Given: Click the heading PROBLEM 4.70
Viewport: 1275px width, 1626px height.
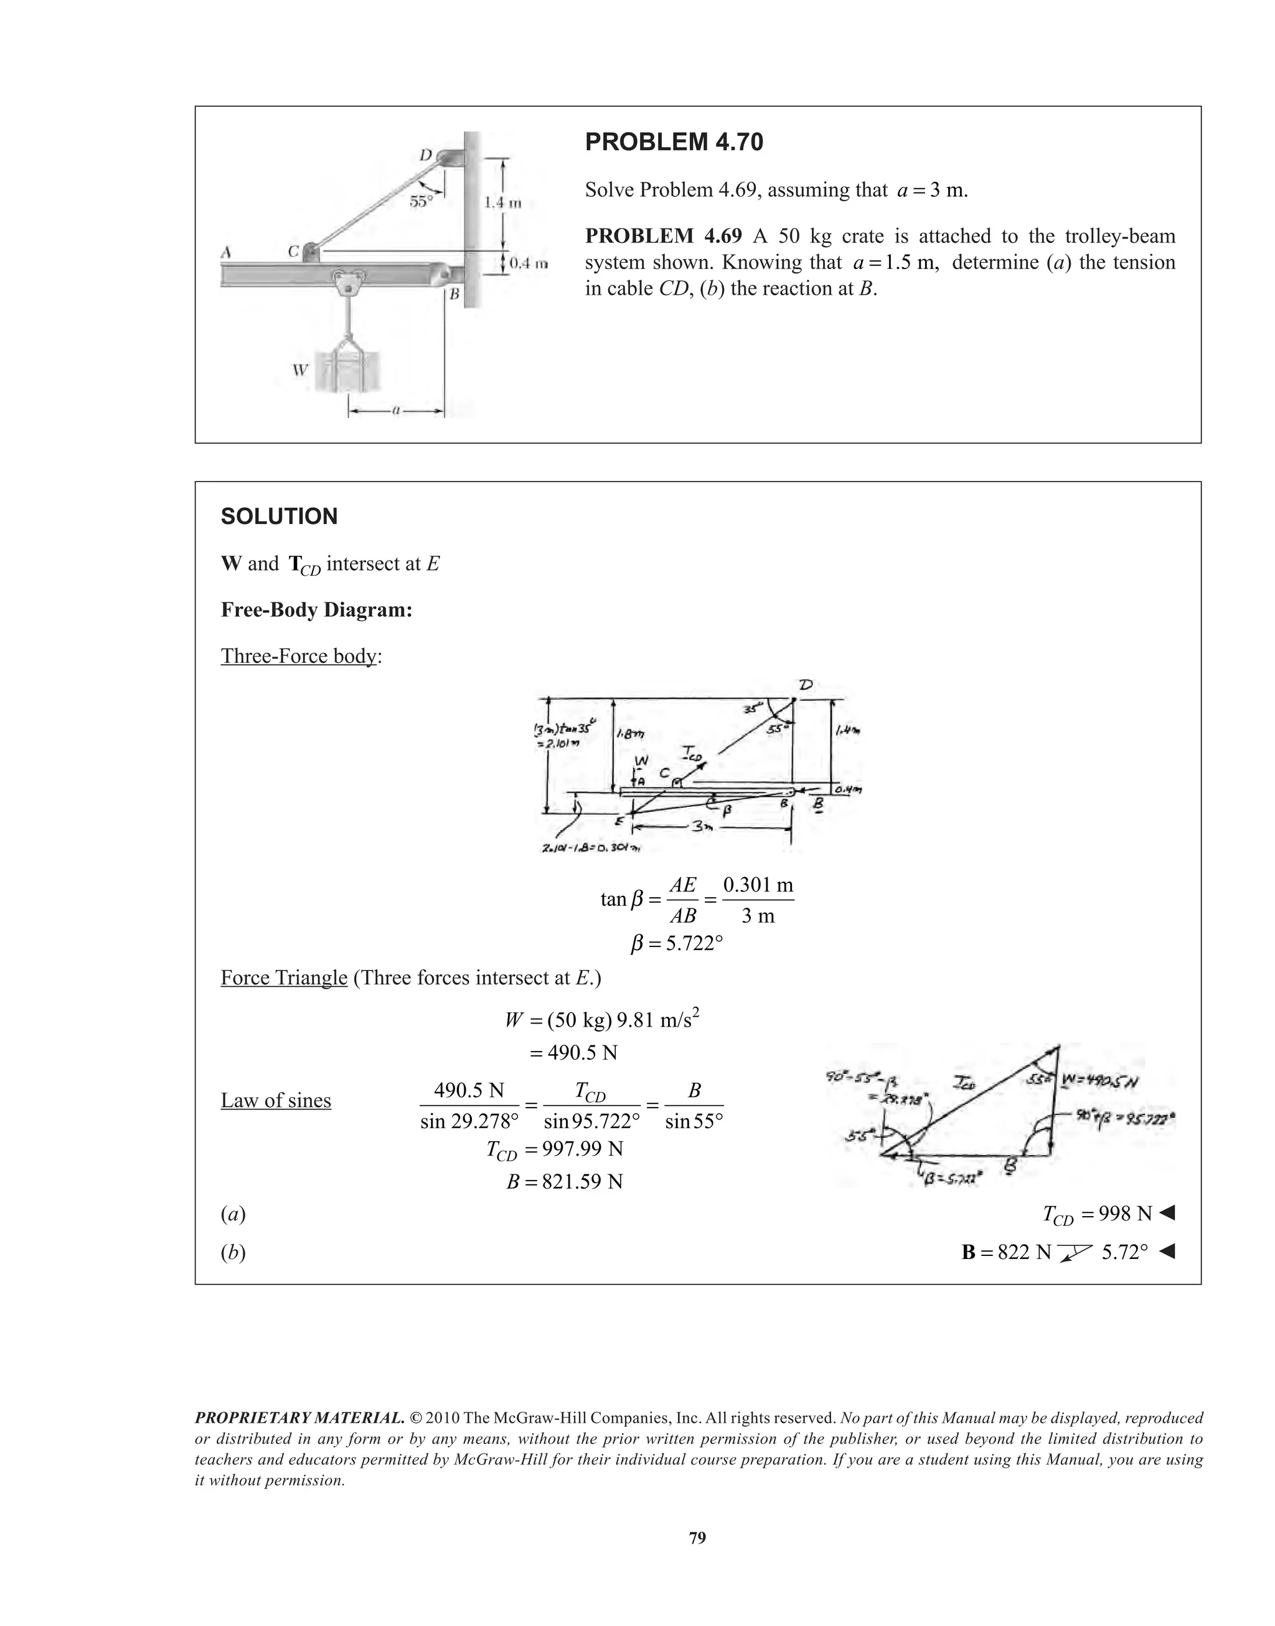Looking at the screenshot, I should pyautogui.click(x=674, y=142).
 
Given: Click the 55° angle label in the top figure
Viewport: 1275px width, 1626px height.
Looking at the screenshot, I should pyautogui.click(x=420, y=201).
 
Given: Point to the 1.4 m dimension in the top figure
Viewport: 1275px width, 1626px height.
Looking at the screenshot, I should pyautogui.click(x=502, y=202).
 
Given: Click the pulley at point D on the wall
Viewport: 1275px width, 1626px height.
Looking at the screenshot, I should pyautogui.click(x=449, y=158).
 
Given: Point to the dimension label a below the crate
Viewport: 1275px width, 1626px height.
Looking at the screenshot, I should pyautogui.click(x=397, y=410).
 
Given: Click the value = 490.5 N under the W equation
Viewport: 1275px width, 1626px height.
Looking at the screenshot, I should pyautogui.click(x=573, y=1052).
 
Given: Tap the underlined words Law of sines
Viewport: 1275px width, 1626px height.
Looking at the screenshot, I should pyautogui.click(x=275, y=1100).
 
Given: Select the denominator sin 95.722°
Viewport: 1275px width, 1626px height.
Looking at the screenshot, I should pyautogui.click(x=591, y=1121).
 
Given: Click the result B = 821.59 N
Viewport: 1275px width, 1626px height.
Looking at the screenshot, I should pyautogui.click(x=563, y=1182).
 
